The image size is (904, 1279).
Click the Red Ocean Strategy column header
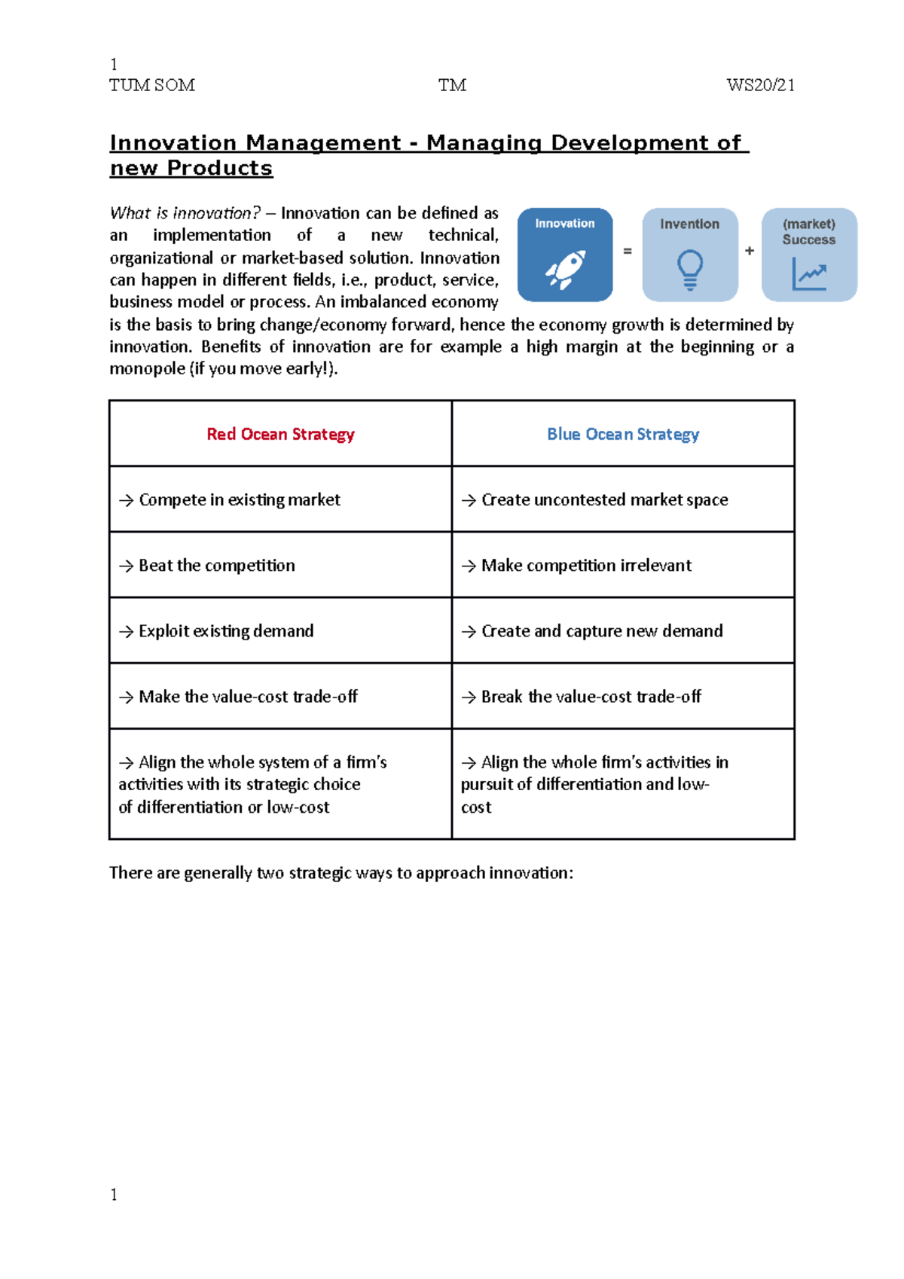click(280, 434)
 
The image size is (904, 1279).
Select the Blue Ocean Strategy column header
click(623, 434)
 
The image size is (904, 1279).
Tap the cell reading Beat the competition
click(217, 565)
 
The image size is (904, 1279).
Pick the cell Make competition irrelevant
click(586, 565)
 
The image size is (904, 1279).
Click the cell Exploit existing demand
click(226, 630)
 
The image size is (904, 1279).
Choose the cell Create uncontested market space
click(604, 499)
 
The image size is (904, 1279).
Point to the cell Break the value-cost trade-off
click(591, 696)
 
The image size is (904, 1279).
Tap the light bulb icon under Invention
click(689, 270)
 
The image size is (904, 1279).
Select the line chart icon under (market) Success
click(809, 274)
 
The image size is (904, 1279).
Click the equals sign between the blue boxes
click(628, 251)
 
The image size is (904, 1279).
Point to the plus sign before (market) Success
click(750, 251)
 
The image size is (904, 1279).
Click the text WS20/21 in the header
click(760, 85)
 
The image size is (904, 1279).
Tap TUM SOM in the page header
click(152, 85)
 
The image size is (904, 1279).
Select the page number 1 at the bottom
click(114, 1195)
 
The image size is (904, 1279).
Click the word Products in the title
click(219, 168)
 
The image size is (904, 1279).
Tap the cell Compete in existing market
click(239, 499)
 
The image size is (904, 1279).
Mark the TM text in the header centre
click(452, 85)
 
